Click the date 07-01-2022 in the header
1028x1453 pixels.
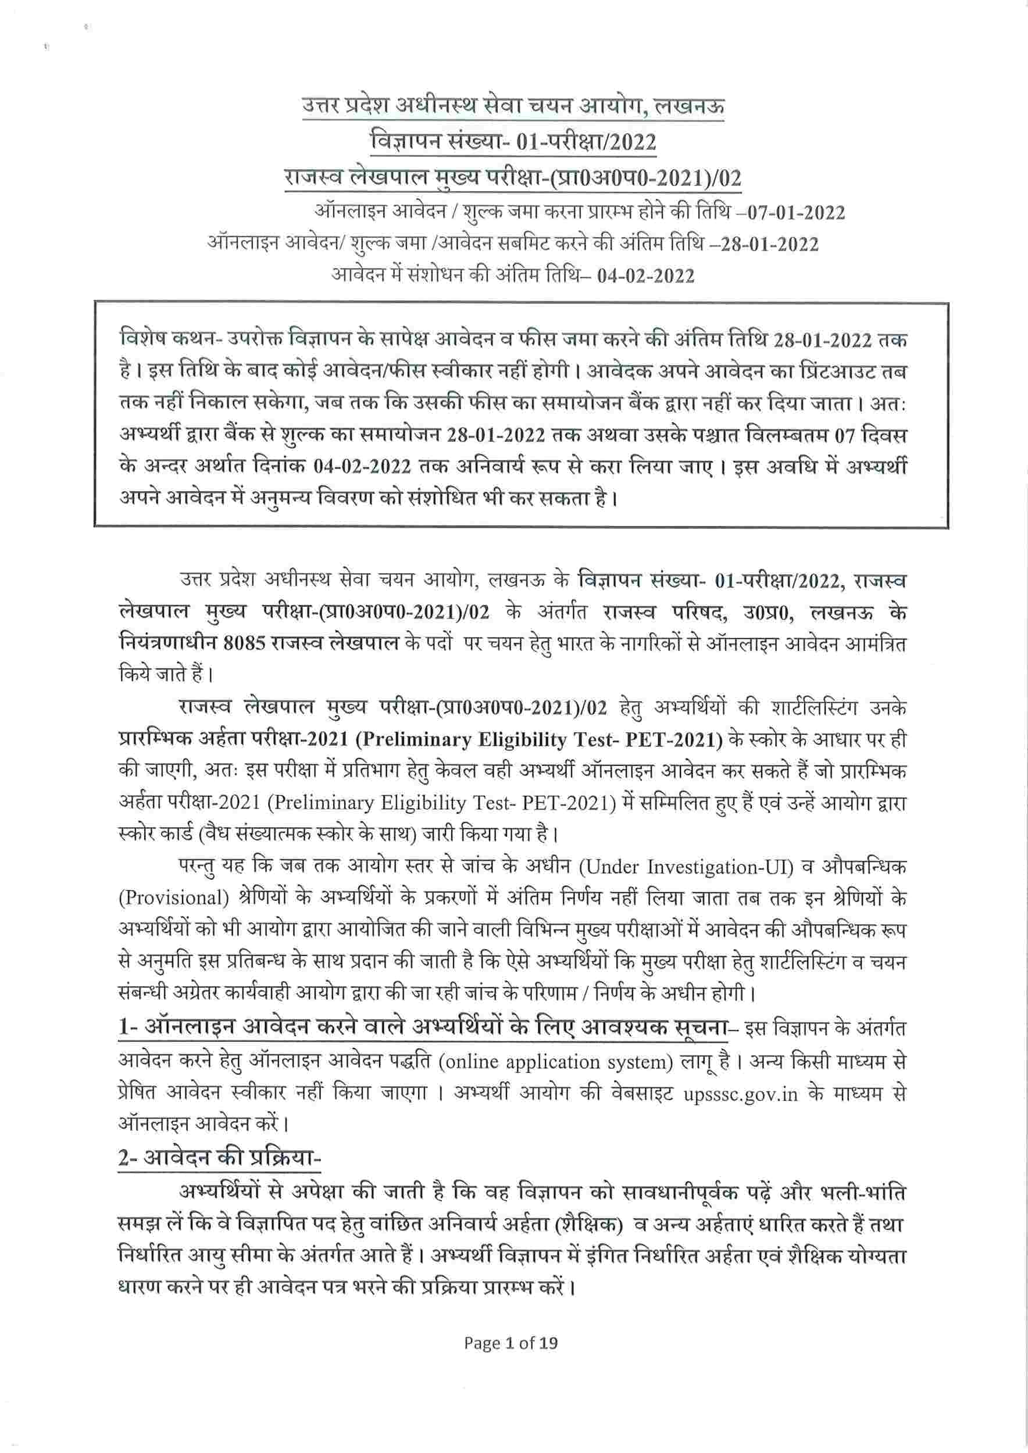(795, 212)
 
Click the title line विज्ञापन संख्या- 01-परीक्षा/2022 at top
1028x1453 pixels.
(513, 141)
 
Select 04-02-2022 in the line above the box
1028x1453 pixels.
(645, 276)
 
